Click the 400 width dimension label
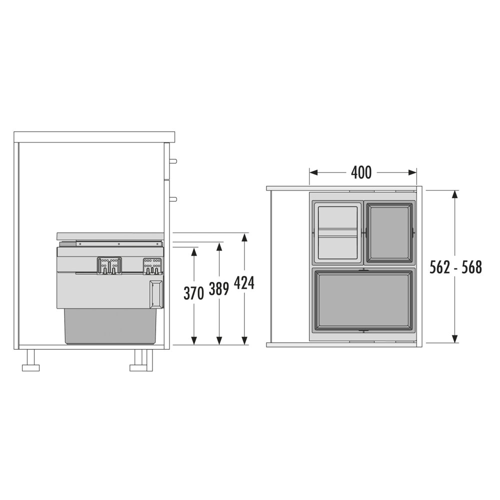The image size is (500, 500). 361,172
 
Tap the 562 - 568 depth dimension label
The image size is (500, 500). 455,267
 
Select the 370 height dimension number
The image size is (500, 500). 193,293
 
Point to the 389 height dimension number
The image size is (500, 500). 219,289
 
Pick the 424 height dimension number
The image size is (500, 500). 244,283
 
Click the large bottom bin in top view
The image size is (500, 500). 363,300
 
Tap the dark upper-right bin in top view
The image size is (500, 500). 389,232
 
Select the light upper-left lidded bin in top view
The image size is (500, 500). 337,232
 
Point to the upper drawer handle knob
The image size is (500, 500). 173,161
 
